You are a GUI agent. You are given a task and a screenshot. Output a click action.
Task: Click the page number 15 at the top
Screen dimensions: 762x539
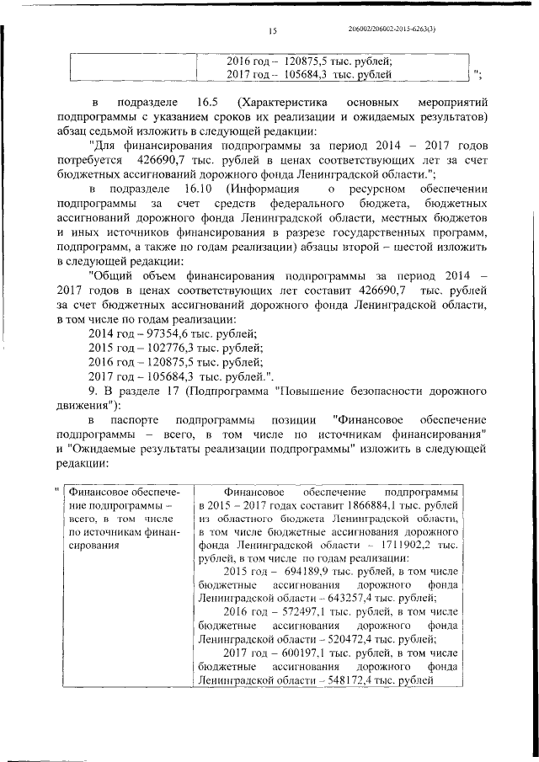[273, 31]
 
